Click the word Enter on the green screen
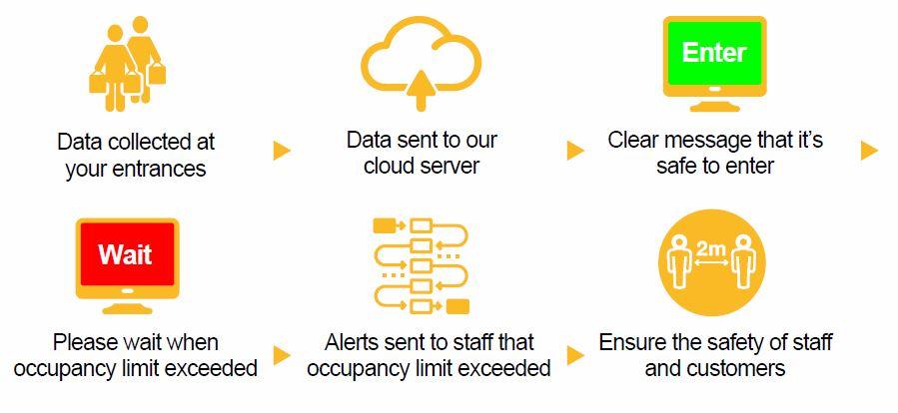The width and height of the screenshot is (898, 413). (x=713, y=52)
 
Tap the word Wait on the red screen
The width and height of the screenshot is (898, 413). (x=126, y=254)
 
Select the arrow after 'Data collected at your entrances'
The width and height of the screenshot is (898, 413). (x=282, y=151)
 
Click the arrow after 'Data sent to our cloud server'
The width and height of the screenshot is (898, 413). (x=575, y=151)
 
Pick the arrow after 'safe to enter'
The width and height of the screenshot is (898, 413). (x=868, y=151)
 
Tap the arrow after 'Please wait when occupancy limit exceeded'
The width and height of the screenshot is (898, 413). (x=282, y=355)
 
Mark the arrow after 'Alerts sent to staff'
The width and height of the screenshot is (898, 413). (x=575, y=355)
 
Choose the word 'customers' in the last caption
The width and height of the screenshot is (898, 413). (x=736, y=369)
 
